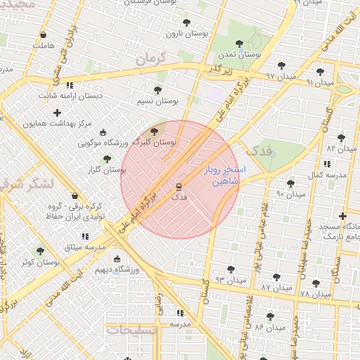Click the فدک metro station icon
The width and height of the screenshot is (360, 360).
179,187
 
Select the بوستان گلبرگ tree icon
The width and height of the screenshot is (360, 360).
154,131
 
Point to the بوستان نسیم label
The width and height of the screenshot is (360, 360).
157,101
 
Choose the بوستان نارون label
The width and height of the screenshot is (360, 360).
184,33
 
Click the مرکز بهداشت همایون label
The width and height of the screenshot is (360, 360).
57,123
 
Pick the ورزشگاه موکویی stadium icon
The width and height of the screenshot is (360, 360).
103,133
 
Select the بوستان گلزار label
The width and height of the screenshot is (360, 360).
105,169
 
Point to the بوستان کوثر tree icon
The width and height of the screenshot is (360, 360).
40,250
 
